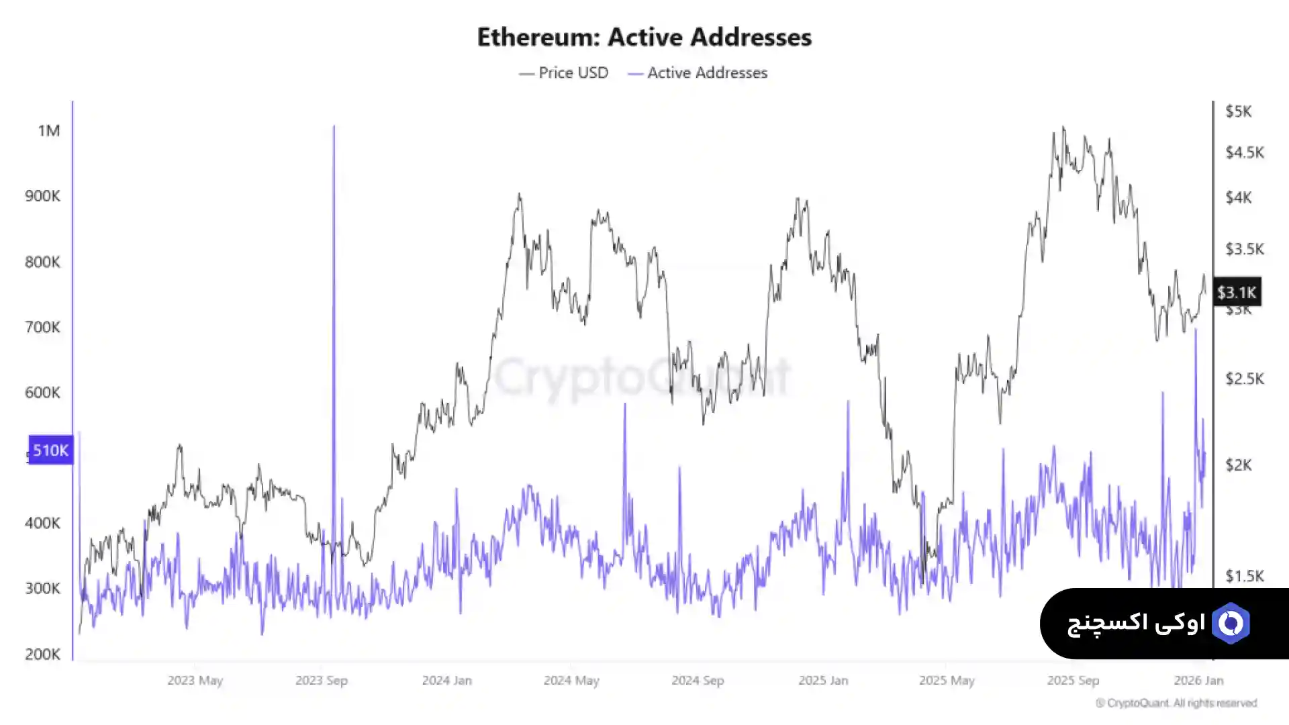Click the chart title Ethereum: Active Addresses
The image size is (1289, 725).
click(x=644, y=37)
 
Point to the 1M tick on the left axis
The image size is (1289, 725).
click(x=49, y=130)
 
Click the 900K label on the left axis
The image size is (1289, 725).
click(x=42, y=196)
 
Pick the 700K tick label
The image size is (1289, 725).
click(x=42, y=327)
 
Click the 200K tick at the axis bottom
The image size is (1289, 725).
click(x=42, y=654)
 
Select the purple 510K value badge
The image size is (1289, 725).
click(x=50, y=450)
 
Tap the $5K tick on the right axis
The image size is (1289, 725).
click(x=1238, y=111)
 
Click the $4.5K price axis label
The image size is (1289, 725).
click(x=1244, y=152)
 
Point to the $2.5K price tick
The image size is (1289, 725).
click(x=1244, y=379)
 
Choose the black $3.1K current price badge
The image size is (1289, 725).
click(x=1237, y=292)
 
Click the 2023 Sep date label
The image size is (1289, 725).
click(x=322, y=680)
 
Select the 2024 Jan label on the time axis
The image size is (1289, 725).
click(x=446, y=680)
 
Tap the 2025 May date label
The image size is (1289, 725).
click(x=947, y=680)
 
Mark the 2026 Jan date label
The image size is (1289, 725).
click(x=1198, y=680)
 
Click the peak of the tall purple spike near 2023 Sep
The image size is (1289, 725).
click(x=334, y=127)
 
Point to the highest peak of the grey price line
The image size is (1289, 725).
click(x=1063, y=127)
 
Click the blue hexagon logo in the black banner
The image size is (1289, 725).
click(x=1231, y=624)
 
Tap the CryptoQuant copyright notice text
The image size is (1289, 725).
click(x=1176, y=703)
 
